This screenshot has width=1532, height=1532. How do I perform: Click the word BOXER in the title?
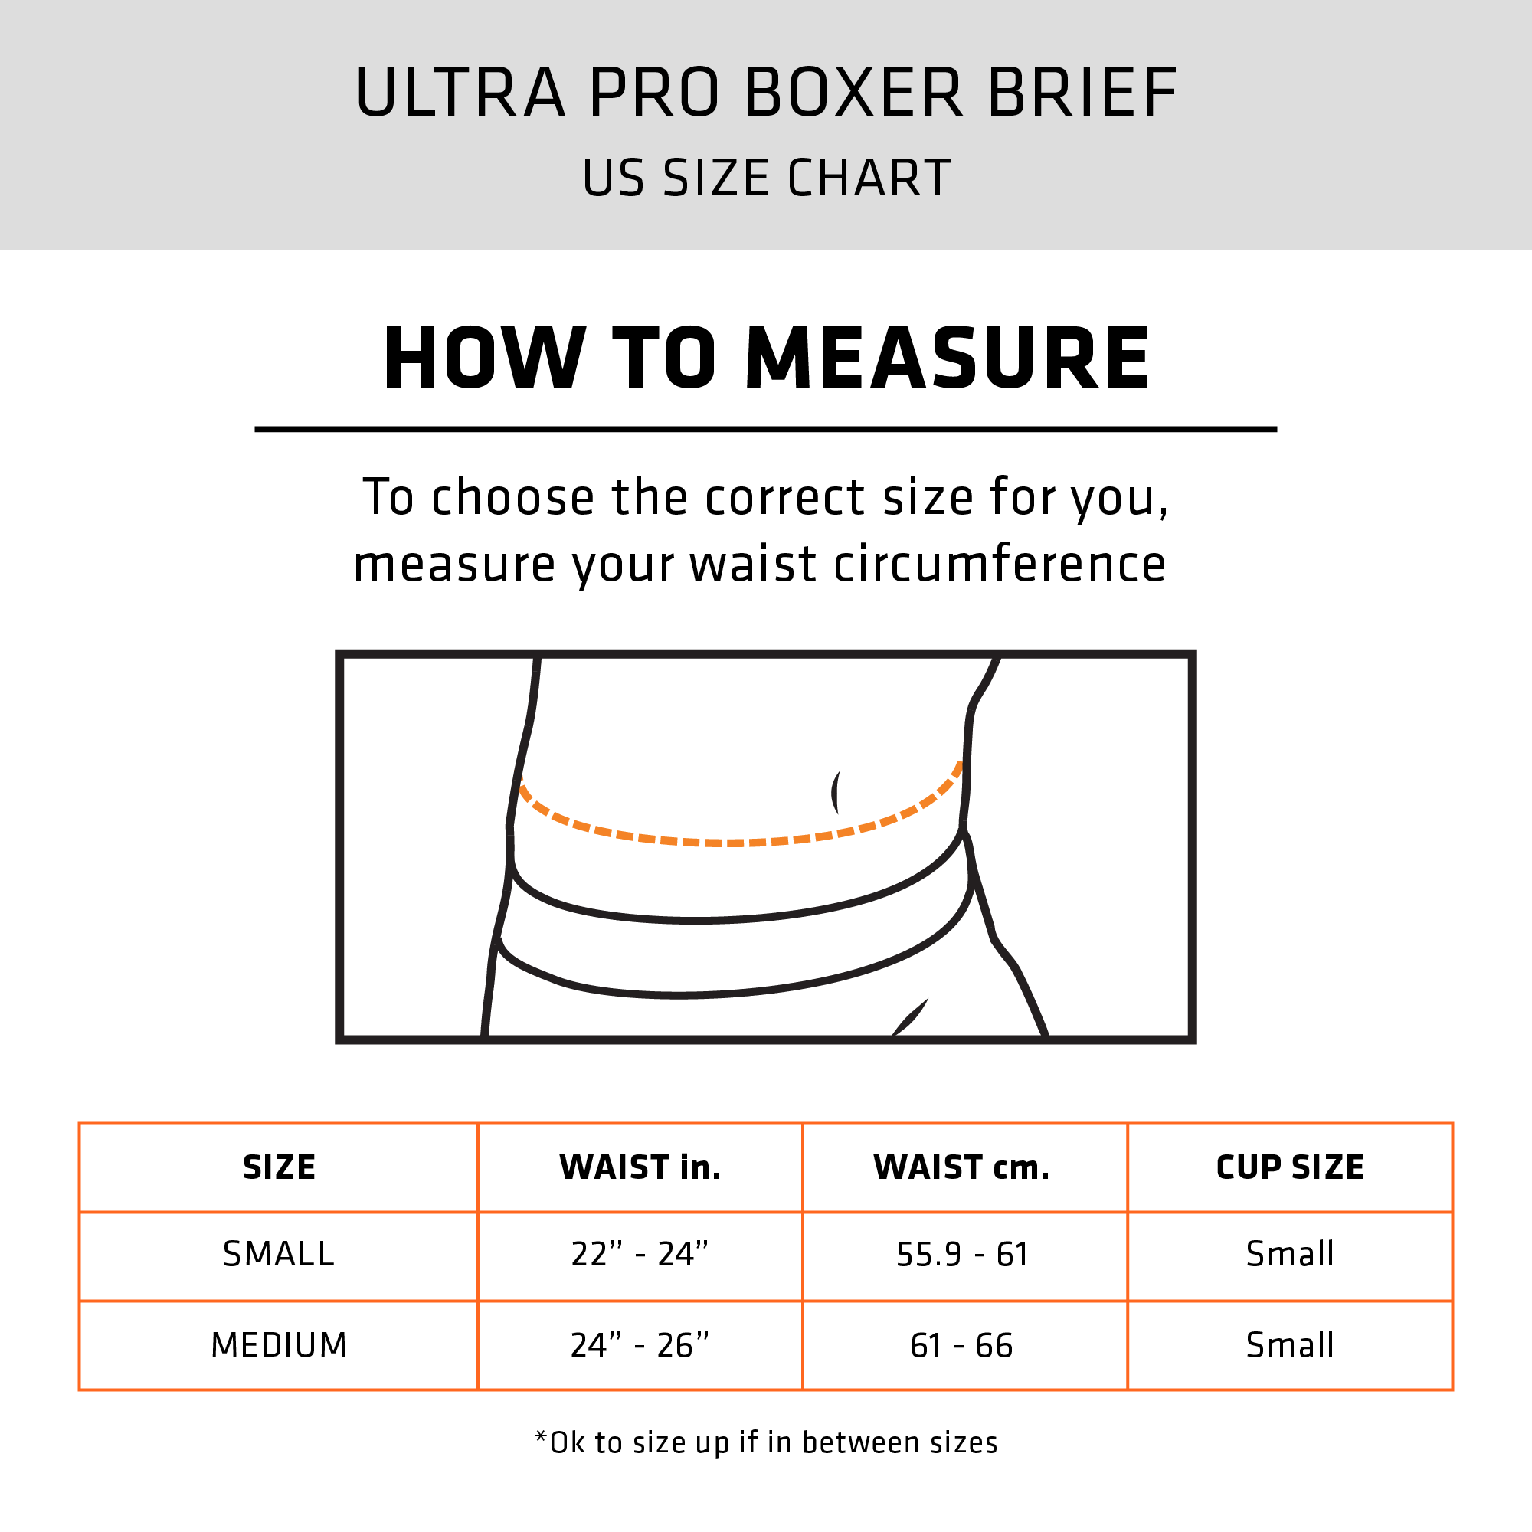[853, 93]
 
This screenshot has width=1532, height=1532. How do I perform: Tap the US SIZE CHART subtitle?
[766, 178]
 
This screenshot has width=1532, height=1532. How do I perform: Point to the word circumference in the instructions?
[999, 565]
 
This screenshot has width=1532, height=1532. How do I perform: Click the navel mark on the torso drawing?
[836, 792]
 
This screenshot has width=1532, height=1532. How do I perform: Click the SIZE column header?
[279, 1167]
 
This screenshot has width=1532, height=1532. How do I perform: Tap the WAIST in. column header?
[640, 1167]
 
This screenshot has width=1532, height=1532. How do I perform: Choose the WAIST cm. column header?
[961, 1167]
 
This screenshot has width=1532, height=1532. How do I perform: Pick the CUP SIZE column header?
[1290, 1167]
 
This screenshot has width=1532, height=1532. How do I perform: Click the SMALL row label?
[279, 1255]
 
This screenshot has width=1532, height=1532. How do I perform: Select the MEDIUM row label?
[279, 1345]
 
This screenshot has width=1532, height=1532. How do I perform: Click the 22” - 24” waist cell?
[640, 1255]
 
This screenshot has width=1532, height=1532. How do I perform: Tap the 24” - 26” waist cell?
[640, 1345]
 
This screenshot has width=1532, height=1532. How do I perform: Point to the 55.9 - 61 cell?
[962, 1255]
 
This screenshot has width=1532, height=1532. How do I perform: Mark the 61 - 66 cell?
[962, 1345]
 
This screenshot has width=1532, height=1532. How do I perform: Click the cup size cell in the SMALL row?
[1290, 1255]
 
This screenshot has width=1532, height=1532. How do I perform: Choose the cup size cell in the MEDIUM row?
[1290, 1345]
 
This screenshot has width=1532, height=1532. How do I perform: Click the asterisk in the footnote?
[541, 1437]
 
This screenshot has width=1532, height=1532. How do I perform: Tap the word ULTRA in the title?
[460, 93]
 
